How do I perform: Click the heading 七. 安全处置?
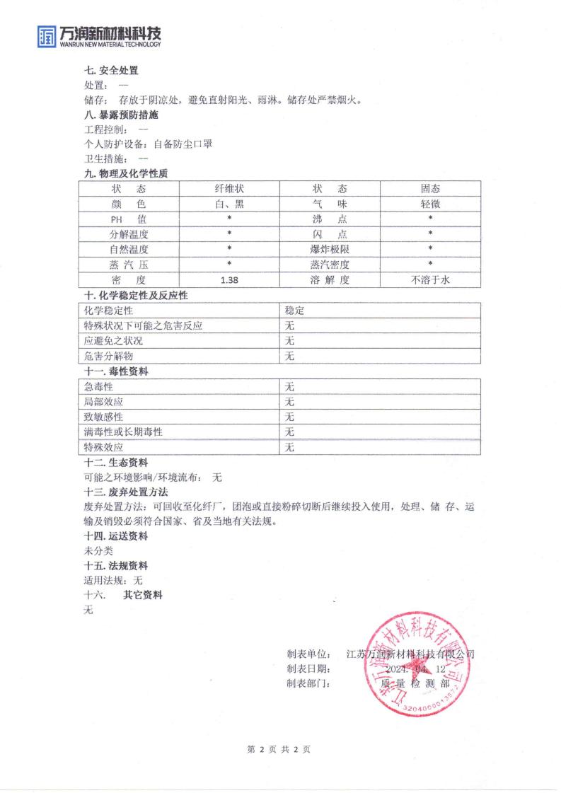coord(111,71)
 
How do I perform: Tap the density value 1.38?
coord(229,280)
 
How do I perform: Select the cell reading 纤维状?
coord(229,189)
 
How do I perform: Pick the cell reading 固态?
coord(430,189)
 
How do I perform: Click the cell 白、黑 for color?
coord(229,204)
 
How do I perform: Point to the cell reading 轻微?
coord(430,204)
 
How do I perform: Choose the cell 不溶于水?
coord(430,280)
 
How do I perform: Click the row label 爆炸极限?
coord(330,250)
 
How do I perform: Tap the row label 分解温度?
coord(129,234)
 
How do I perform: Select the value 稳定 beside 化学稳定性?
coord(294,311)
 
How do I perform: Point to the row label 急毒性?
coord(98,387)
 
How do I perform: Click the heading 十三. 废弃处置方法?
coord(126,492)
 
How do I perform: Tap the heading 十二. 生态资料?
coord(116,463)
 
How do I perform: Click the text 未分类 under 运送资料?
coord(94,550)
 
